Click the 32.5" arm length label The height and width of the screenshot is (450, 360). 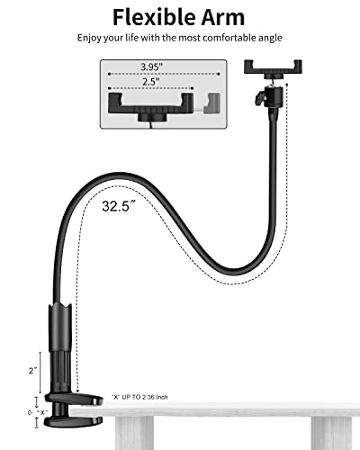pos(119,205)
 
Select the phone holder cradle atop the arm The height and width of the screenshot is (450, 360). pos(270,68)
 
